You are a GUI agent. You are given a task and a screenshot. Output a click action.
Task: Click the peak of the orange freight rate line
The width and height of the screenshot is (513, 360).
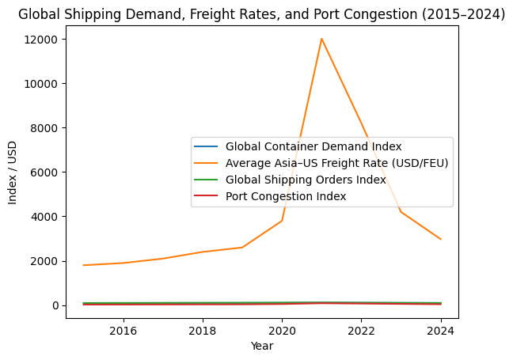click(x=321, y=39)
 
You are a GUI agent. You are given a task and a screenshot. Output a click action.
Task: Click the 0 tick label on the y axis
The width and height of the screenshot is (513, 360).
click(x=56, y=305)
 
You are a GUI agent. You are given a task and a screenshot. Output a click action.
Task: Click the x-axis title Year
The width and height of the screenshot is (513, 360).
click(x=262, y=346)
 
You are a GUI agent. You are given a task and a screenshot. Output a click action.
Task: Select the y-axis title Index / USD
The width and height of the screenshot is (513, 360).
click(x=13, y=172)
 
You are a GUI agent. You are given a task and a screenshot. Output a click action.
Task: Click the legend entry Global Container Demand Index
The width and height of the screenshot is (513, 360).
click(x=313, y=146)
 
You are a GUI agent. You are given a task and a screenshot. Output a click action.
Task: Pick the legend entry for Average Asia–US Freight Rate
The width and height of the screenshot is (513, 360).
click(x=336, y=163)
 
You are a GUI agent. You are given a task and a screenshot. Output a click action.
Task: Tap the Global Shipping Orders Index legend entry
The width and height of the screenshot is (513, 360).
click(x=306, y=180)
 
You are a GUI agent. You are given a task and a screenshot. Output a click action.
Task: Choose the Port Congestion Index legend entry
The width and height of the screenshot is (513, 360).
click(x=286, y=196)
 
